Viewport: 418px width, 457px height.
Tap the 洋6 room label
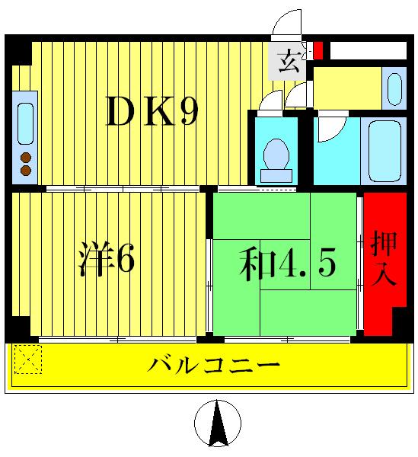(108, 260)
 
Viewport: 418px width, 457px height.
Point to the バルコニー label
(214, 363)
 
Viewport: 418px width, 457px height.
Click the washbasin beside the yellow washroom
(394, 89)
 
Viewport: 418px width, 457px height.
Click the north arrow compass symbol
(218, 424)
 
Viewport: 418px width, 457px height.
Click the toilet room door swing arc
(269, 103)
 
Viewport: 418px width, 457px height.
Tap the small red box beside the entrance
(318, 50)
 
